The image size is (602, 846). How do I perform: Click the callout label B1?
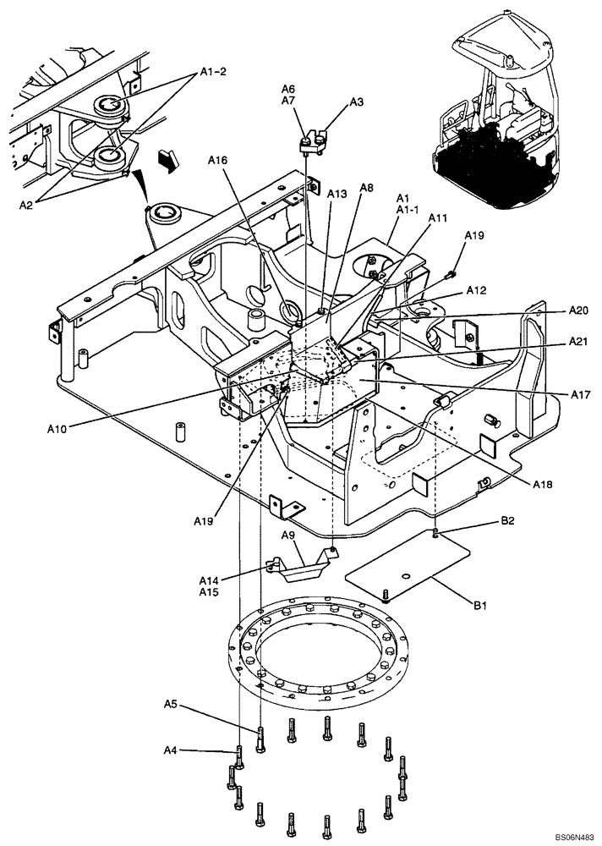pyautogui.click(x=480, y=606)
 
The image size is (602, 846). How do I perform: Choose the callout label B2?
pyautogui.click(x=507, y=521)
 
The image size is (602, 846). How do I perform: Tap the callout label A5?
pyautogui.click(x=170, y=703)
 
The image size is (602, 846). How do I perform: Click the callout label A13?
pyautogui.click(x=337, y=194)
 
